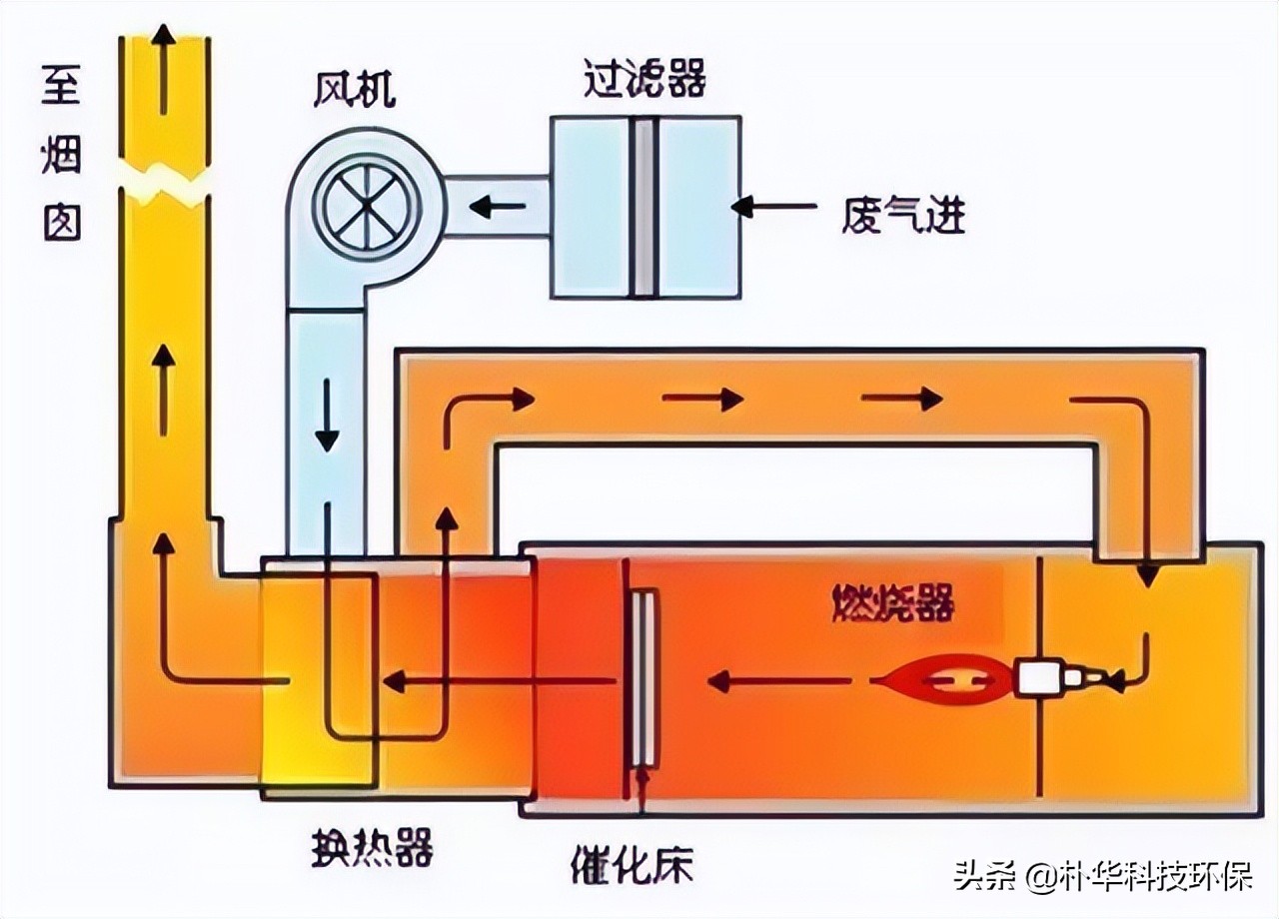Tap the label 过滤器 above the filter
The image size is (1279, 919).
644,79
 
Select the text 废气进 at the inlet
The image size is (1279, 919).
904,212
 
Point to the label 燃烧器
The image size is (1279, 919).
892,603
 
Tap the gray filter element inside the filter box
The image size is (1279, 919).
644,207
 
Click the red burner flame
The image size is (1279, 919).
945,682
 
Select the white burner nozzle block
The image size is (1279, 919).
1039,680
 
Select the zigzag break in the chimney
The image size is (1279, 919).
165,180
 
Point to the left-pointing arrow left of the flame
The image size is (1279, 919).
779,682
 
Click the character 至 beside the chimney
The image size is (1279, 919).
60,88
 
